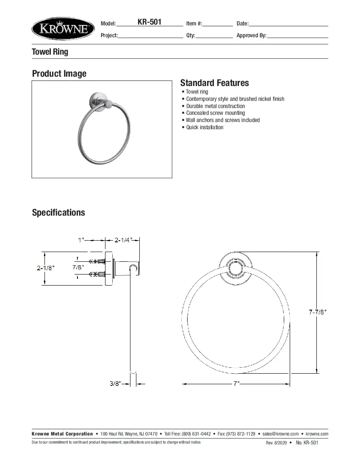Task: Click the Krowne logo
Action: [x=63, y=29]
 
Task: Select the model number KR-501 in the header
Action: [x=150, y=22]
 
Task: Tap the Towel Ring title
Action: [x=50, y=52]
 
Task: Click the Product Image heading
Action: [x=59, y=74]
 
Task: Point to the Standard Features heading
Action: [x=214, y=83]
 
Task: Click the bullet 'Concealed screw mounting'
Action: [x=215, y=113]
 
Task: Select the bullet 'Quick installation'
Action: [x=205, y=128]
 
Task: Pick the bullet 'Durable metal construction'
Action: [x=215, y=106]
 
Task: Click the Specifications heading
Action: [x=58, y=213]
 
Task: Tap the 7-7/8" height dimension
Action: [x=318, y=312]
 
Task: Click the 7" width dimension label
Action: [x=236, y=384]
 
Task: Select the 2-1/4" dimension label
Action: [x=124, y=240]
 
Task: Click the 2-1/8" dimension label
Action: [x=46, y=268]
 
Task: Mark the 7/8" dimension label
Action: [x=78, y=267]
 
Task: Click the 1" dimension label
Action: [x=81, y=240]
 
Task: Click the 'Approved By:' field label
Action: [x=252, y=36]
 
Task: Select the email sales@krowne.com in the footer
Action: [x=280, y=434]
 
